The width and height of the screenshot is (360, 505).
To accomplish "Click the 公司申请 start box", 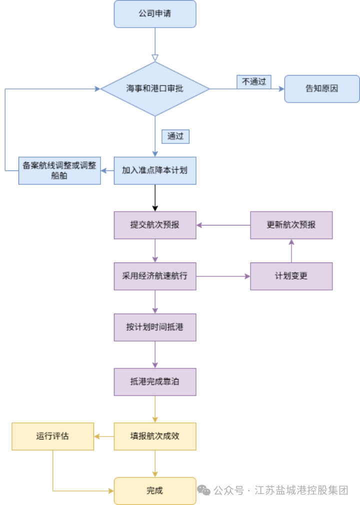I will click(x=155, y=14).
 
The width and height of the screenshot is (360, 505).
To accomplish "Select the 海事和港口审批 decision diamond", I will click(x=155, y=89).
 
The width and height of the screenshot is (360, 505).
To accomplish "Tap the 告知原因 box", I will click(x=322, y=89).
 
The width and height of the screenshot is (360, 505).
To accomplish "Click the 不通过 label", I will click(x=254, y=82).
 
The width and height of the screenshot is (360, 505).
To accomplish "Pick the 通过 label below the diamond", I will click(x=175, y=136).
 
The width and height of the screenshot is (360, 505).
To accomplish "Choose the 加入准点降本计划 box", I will click(x=155, y=170).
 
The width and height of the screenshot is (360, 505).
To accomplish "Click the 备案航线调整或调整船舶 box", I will click(x=59, y=170).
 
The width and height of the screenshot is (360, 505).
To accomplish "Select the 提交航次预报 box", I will click(x=155, y=225).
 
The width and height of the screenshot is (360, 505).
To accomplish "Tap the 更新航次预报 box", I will click(x=291, y=225).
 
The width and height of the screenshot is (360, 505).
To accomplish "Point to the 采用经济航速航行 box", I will click(x=155, y=276).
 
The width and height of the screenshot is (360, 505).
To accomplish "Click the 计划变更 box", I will click(x=291, y=276).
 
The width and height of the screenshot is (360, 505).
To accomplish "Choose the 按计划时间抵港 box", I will click(x=155, y=327).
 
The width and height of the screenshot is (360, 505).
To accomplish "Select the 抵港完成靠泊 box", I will click(x=155, y=382).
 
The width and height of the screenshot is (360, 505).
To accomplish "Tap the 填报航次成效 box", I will click(x=155, y=436).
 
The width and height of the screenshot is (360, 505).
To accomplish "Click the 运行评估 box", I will click(x=52, y=436).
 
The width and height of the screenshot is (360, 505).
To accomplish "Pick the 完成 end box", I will click(x=155, y=491).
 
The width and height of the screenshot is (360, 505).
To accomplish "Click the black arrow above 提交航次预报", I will click(x=155, y=198).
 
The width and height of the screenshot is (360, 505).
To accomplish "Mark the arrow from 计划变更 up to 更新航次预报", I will click(x=291, y=250).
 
